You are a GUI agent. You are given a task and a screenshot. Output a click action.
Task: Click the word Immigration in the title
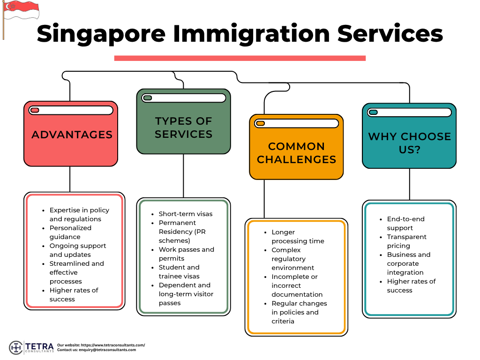(x=251, y=34)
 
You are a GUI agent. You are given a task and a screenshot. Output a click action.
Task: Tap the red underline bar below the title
(x=240, y=58)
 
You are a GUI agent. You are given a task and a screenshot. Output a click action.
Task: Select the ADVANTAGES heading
(x=72, y=135)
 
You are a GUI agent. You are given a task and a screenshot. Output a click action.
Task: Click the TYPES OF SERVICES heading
(x=183, y=127)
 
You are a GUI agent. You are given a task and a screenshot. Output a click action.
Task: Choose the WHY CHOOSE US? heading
(x=410, y=143)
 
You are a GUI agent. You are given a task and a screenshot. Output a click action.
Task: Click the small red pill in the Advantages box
(x=35, y=110)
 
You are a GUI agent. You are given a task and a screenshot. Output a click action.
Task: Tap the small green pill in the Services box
(x=148, y=98)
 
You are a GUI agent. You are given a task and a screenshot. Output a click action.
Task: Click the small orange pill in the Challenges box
(x=261, y=123)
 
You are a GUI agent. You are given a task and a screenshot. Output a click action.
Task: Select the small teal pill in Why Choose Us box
(x=373, y=112)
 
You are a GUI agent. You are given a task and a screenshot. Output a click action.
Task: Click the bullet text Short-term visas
(x=186, y=214)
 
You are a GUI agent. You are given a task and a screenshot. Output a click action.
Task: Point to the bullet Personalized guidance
(x=70, y=232)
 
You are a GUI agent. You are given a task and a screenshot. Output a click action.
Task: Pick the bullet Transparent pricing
(x=406, y=241)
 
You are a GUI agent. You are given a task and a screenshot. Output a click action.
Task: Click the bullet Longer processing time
(x=298, y=237)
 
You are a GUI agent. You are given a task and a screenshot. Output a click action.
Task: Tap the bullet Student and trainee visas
(x=179, y=272)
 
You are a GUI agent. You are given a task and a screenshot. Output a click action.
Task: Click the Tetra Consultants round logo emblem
(x=16, y=347)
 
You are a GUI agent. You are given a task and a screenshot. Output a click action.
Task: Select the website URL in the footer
(x=113, y=345)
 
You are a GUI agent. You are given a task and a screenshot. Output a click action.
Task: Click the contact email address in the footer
(x=107, y=350)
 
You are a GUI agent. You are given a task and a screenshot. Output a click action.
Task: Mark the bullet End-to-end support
(x=405, y=224)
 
